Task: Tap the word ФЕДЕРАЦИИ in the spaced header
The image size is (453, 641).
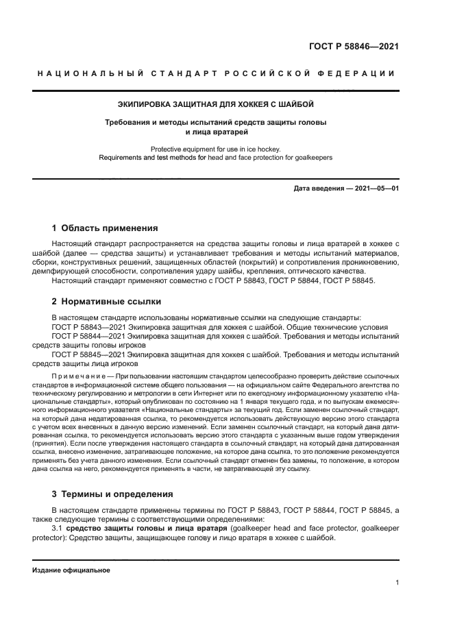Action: point(360,73)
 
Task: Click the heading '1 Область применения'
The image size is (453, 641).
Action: point(105,228)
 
